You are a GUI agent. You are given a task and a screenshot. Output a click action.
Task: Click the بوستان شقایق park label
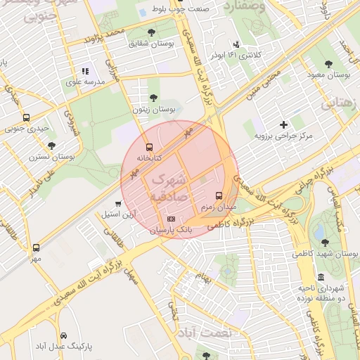tap(150, 44)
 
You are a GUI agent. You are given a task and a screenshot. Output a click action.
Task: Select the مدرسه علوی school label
tap(84, 82)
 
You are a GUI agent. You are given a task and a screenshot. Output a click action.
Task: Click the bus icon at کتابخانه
tap(148, 148)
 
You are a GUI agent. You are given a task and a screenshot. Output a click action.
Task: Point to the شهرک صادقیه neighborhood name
tap(168, 188)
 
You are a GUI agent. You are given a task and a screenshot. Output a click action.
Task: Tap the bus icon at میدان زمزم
tap(219, 195)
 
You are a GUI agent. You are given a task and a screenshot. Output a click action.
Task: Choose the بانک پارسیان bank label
tap(171, 230)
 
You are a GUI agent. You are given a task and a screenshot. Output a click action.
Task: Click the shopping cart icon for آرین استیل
tap(117, 204)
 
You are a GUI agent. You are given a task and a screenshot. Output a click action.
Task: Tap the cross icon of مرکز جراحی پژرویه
tap(283, 124)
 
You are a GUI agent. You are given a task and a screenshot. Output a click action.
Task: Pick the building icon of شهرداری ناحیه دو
tap(321, 276)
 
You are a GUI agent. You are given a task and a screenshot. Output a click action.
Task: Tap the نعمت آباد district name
tap(204, 331)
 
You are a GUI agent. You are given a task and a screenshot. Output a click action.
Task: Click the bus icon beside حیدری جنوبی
tap(26, 118)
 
